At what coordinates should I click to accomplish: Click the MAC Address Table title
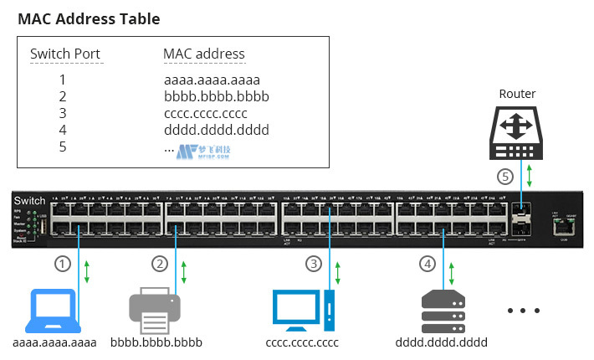pos(89,18)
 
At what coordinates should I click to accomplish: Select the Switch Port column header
pos(65,54)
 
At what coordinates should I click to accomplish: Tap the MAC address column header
pos(204,54)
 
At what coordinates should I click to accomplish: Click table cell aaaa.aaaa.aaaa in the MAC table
pos(213,80)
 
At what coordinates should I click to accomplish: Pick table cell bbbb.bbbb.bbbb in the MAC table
pos(217,96)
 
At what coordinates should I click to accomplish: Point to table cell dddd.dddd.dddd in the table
pos(217,130)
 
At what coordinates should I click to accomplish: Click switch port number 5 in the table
pos(62,147)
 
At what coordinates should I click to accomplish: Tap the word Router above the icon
pos(516,94)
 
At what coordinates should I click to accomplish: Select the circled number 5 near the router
pos(504,177)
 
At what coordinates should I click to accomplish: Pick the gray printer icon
pos(155,311)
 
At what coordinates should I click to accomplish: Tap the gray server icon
pos(442,311)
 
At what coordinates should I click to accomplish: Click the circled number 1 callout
pos(62,263)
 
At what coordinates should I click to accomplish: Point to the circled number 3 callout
pos(314,263)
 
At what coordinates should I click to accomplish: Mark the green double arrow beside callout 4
pos(453,272)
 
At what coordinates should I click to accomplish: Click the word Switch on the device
pos(30,200)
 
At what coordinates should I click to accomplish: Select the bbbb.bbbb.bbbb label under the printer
pos(156,342)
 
